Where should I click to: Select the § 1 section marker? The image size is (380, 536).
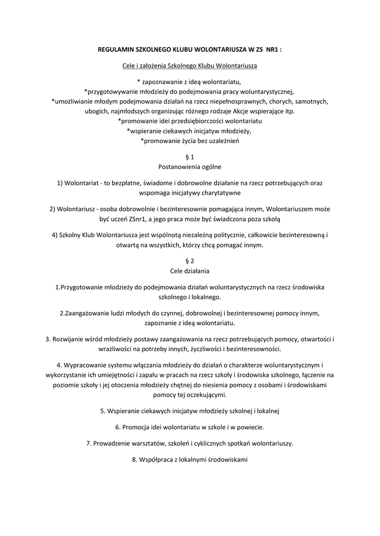190,157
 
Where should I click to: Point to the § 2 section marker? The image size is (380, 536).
190,261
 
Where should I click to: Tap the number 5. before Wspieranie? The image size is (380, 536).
103,411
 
